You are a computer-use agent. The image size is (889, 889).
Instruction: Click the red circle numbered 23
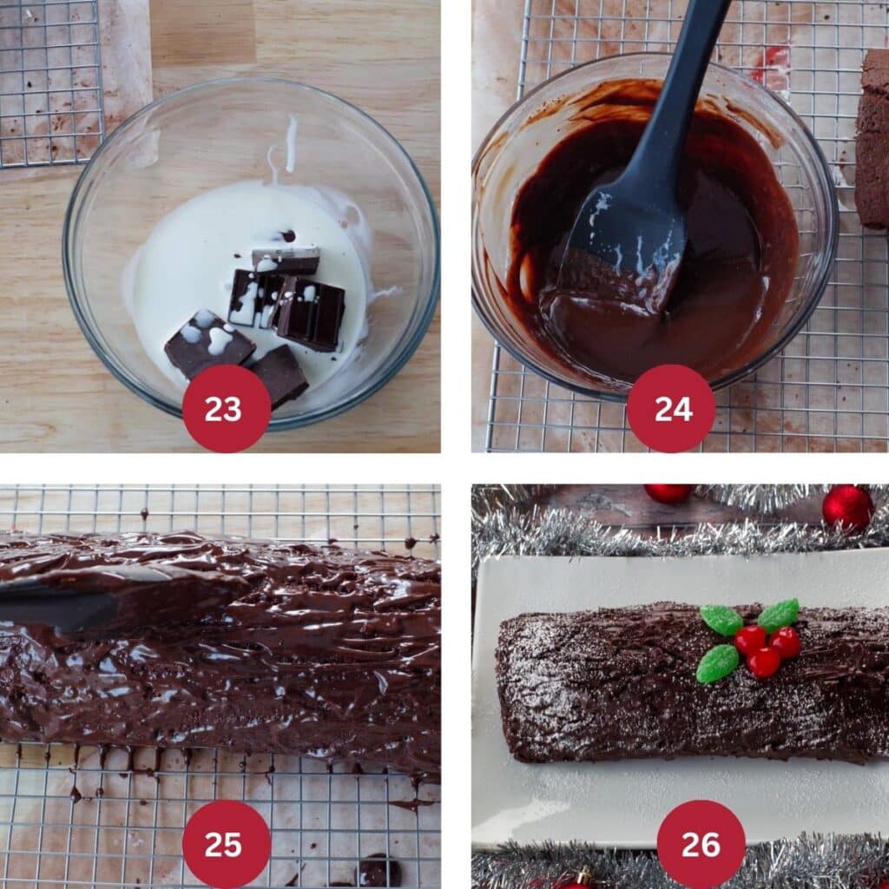227,408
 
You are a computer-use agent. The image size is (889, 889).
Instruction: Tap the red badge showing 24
671,408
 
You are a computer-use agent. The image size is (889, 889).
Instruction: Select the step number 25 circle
227,844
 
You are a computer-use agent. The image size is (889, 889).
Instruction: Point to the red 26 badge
701,844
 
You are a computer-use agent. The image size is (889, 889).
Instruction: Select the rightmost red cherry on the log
786,642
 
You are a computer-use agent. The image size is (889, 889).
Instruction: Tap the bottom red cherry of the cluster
763,662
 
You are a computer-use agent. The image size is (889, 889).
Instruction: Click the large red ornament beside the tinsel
847,507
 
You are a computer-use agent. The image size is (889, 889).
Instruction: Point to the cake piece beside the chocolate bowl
872,139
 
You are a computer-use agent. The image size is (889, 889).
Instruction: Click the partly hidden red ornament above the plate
668,493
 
